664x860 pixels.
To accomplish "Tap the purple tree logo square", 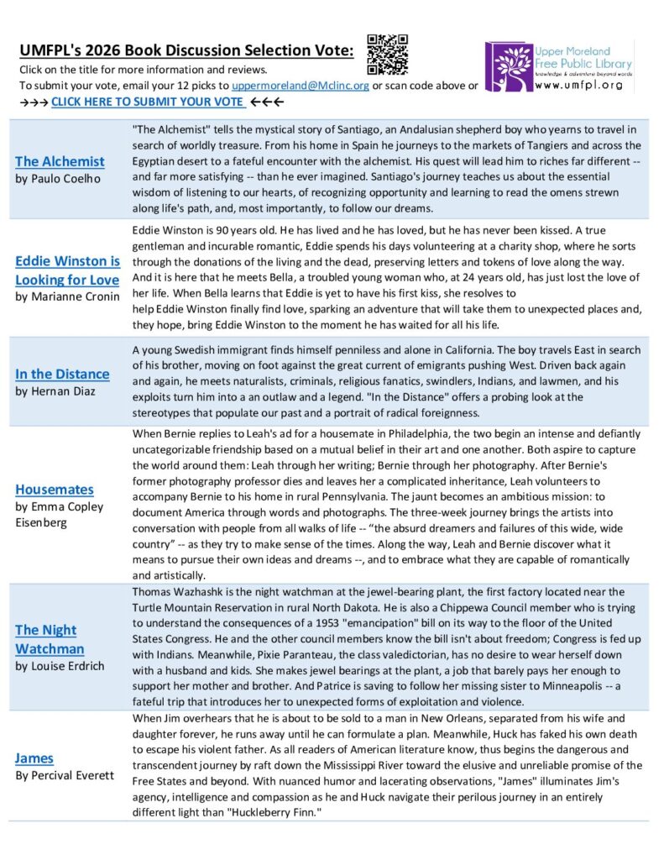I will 508,66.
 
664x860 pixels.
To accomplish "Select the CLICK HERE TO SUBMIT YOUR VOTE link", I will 148,102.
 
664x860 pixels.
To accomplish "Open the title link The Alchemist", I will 60,161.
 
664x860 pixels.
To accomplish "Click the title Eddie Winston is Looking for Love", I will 68,270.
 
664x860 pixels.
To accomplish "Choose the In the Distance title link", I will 62,374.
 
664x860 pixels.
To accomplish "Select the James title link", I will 34,758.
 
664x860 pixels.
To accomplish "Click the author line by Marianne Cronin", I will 67,296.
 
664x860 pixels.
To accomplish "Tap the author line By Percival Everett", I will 65,775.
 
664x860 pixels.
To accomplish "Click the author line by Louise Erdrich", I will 61,666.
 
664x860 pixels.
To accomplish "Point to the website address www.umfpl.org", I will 578,85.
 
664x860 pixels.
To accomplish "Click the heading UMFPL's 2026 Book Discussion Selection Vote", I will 186,51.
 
